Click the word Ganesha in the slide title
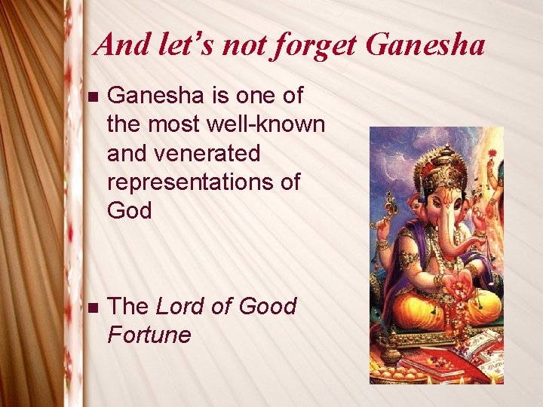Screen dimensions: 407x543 (x=425, y=45)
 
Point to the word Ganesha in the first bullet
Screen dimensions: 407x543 (x=154, y=96)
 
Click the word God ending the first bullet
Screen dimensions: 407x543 (x=129, y=210)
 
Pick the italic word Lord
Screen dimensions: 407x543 (x=180, y=306)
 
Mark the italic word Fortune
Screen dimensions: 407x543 (x=149, y=334)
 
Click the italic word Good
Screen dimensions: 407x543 (x=267, y=306)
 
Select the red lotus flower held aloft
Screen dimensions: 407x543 (x=492, y=154)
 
